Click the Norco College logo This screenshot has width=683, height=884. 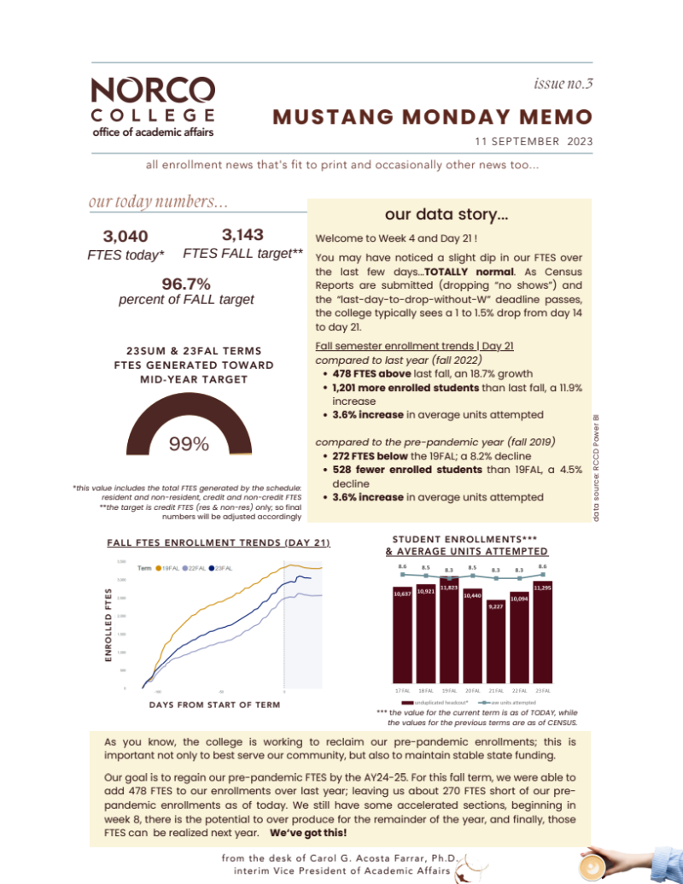pyautogui.click(x=152, y=107)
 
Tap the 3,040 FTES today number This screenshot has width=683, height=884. pyautogui.click(x=126, y=237)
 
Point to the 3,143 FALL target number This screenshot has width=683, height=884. pyautogui.click(x=242, y=235)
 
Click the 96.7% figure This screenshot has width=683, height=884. pyautogui.click(x=186, y=284)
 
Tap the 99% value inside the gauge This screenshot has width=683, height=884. pyautogui.click(x=189, y=444)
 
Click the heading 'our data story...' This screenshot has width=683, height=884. pyautogui.click(x=447, y=214)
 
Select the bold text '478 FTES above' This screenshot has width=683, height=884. pyautogui.click(x=366, y=373)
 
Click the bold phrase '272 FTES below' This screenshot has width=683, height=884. pyautogui.click(x=368, y=456)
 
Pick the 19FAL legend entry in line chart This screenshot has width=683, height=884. pyautogui.click(x=169, y=568)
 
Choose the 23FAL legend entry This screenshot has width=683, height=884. pyautogui.click(x=223, y=568)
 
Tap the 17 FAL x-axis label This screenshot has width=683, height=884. pyautogui.click(x=400, y=690)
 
